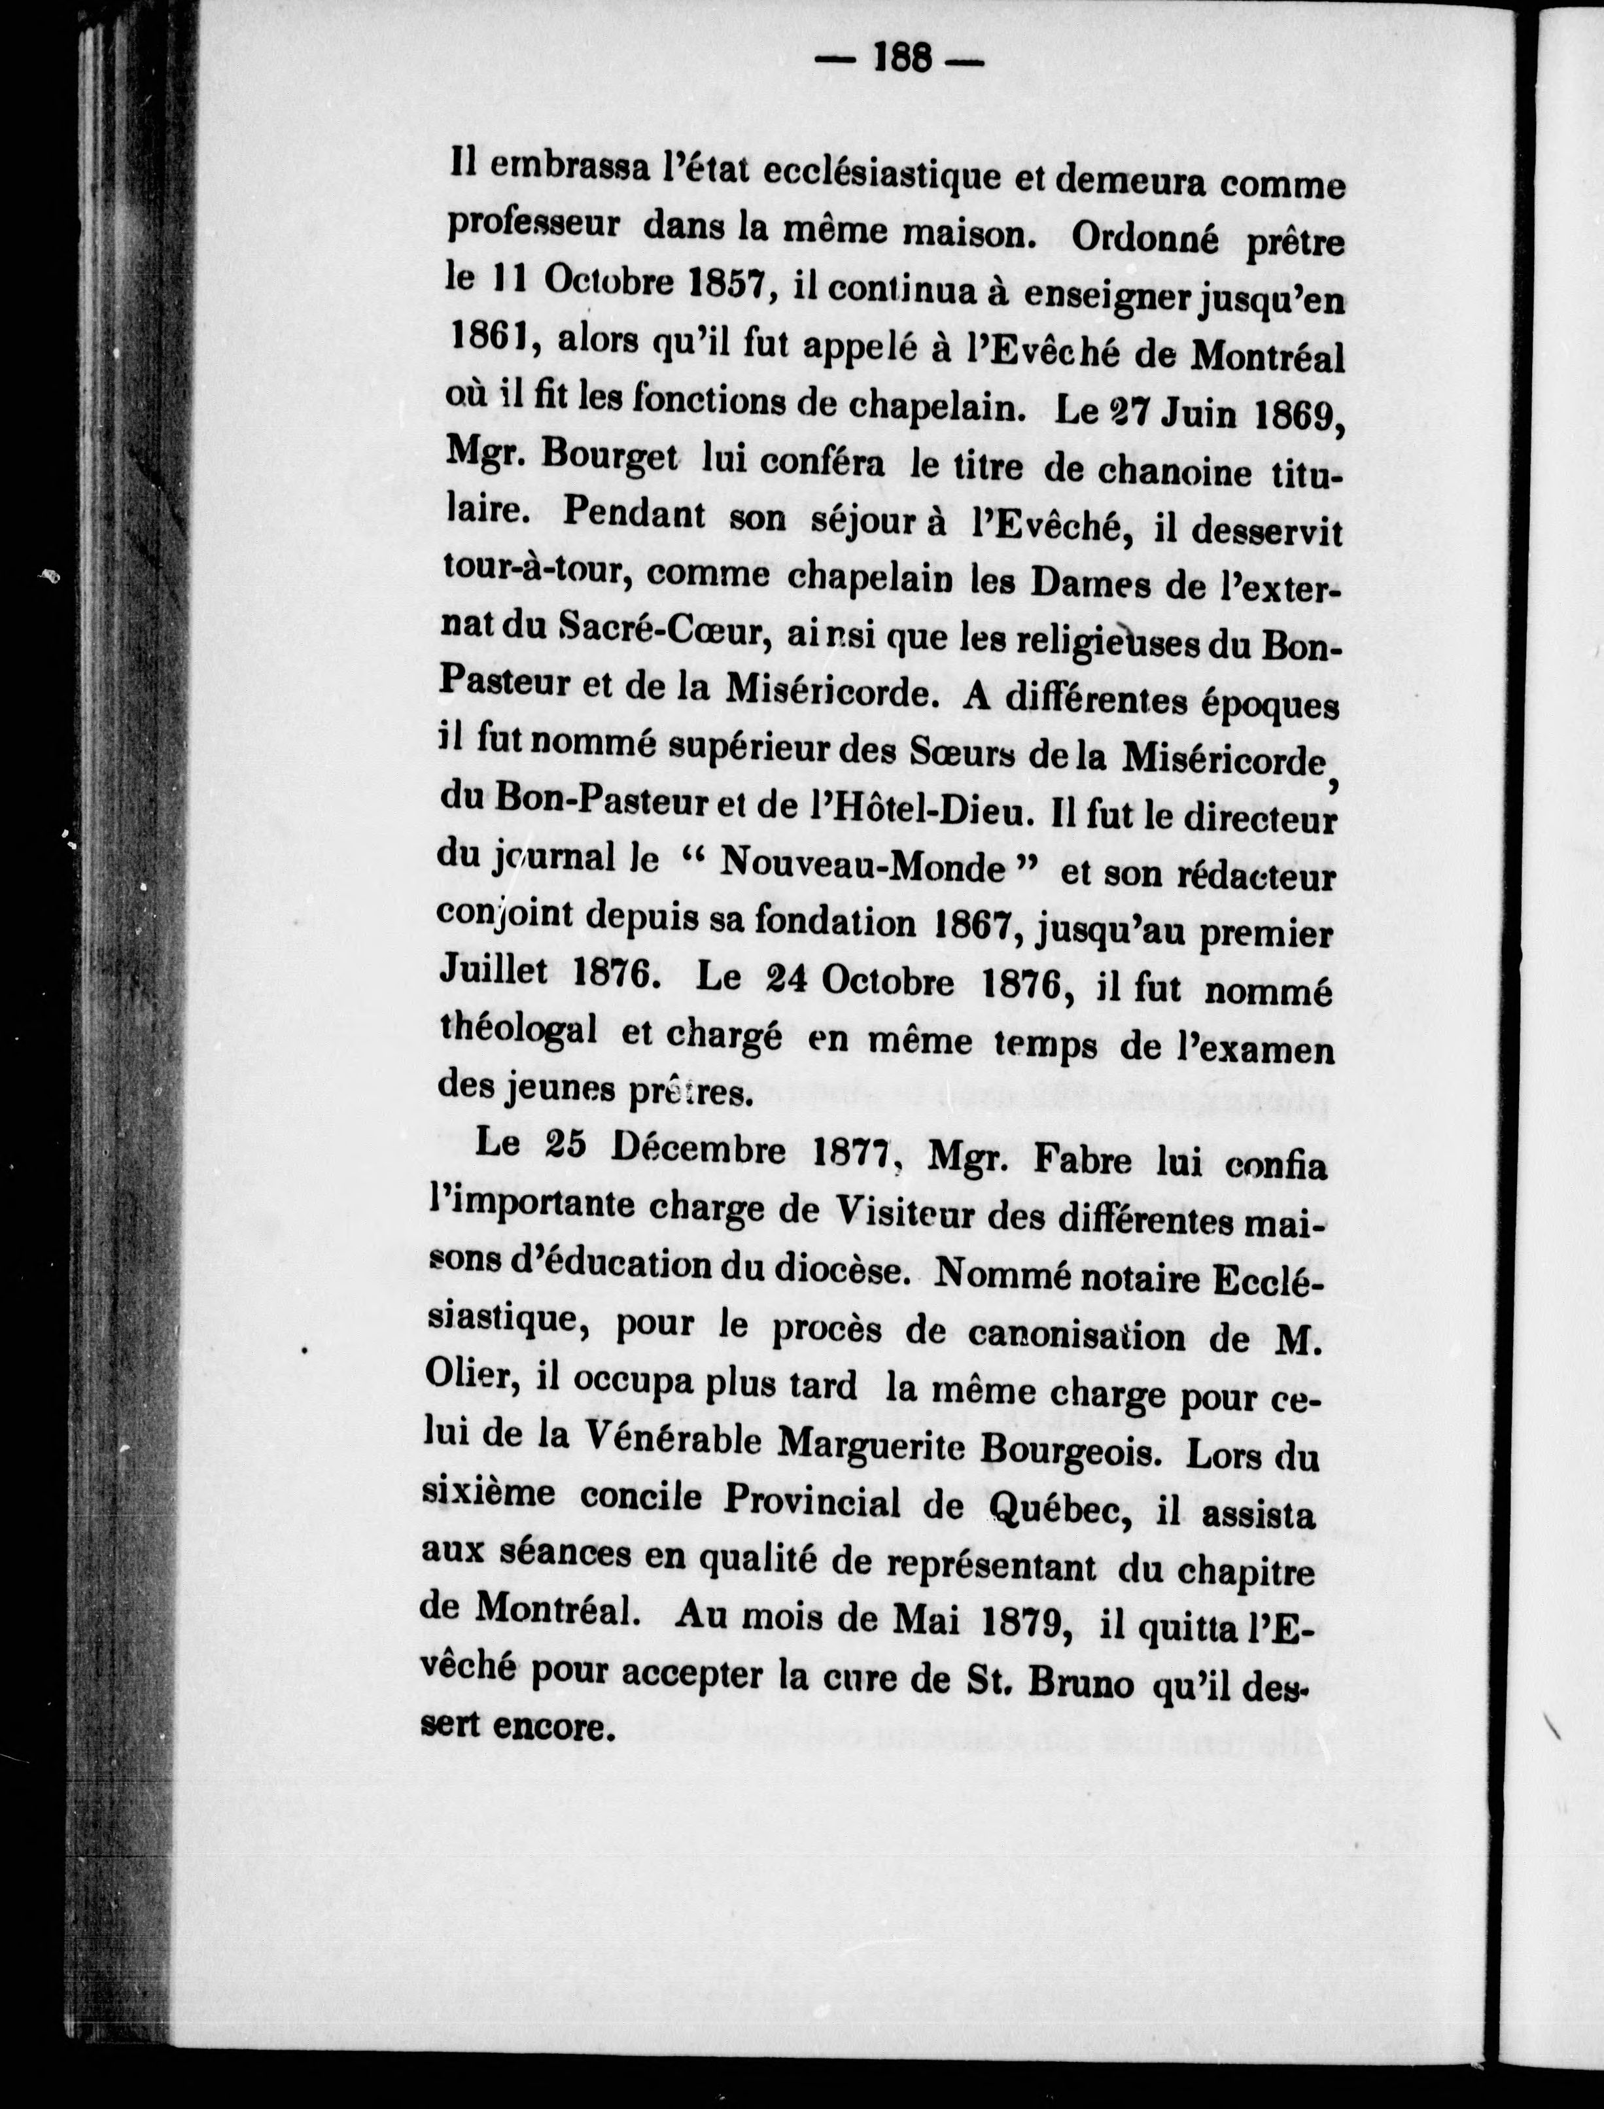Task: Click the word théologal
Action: [x=519, y=1029]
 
